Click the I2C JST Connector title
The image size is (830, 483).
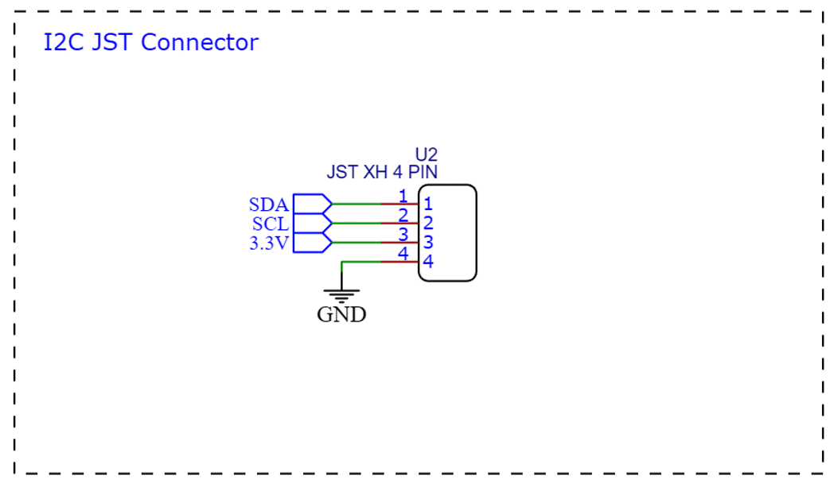pos(151,42)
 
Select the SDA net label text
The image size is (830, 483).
pos(268,204)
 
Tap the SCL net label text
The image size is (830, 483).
pos(271,224)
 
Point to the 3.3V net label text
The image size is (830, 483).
pos(269,243)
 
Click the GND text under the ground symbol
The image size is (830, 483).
pos(341,314)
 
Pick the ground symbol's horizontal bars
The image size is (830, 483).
pos(341,296)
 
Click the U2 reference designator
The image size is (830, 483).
pos(426,154)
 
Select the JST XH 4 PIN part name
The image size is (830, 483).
pos(382,172)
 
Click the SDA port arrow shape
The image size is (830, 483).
pos(312,204)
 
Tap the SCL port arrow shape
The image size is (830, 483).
pos(312,224)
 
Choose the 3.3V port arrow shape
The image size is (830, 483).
pos(312,243)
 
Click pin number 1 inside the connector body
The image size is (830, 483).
pos(427,204)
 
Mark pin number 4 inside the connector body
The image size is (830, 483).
pos(427,261)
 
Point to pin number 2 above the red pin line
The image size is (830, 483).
pos(403,215)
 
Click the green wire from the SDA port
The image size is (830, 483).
pos(357,204)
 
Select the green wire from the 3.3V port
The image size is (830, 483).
pos(357,243)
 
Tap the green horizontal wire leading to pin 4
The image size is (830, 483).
pos(361,262)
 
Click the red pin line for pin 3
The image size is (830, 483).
pos(399,243)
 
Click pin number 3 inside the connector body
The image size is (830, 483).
pos(427,242)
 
